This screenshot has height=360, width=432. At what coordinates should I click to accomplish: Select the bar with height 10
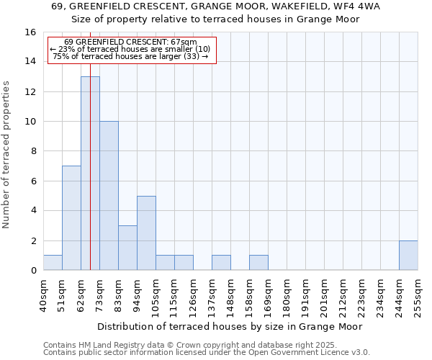tap(109, 195)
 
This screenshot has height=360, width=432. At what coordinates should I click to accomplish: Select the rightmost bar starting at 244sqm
tap(408, 255)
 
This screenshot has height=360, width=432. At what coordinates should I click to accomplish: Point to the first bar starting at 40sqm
tap(53, 263)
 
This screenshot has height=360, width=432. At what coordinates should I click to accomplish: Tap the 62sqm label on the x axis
tap(81, 294)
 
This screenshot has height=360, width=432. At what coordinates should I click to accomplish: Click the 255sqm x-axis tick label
tap(418, 294)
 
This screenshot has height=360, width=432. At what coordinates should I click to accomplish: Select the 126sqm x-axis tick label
tap(193, 294)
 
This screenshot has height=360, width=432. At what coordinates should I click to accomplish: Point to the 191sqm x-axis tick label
tap(305, 294)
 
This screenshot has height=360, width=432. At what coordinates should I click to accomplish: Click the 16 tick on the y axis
tap(31, 32)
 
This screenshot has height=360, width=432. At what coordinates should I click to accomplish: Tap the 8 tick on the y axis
tap(33, 151)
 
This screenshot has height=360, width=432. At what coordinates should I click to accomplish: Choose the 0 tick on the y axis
tap(33, 270)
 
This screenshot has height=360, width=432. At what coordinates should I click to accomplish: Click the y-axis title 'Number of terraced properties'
tap(6, 155)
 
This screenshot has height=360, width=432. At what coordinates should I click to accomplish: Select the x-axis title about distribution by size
tap(230, 326)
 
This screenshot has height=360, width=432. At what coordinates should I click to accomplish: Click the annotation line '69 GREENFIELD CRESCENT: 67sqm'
tap(130, 42)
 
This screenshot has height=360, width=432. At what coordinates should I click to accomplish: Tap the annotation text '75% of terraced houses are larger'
tap(130, 56)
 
